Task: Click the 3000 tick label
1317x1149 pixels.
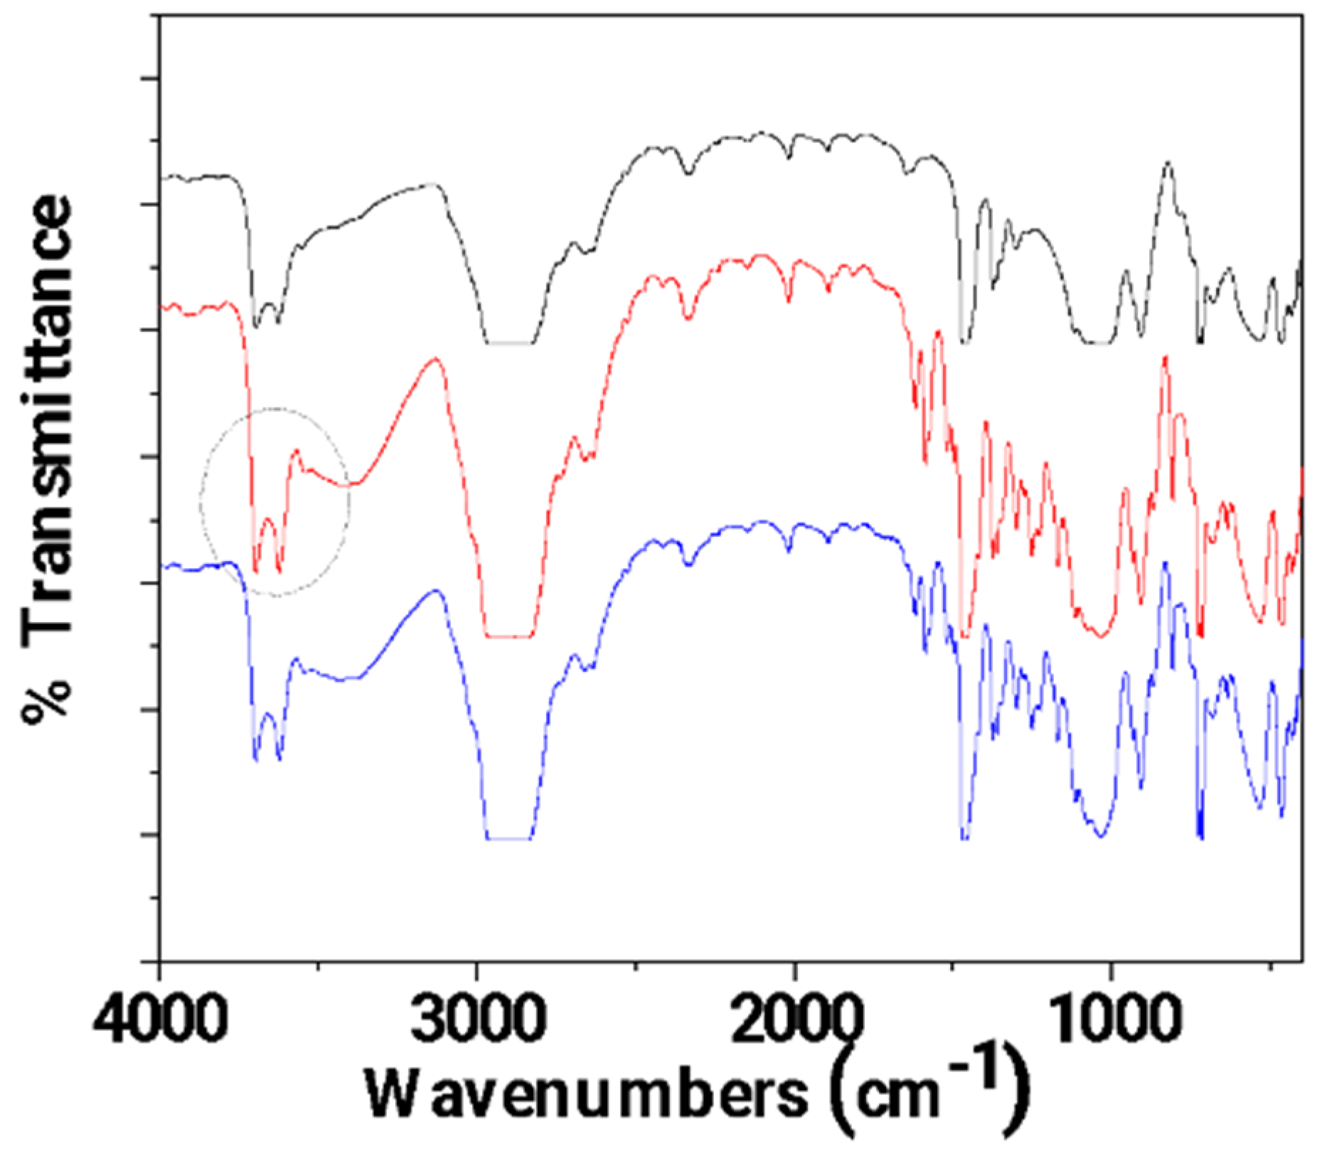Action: pos(477,1022)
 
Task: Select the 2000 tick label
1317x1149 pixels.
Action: pos(794,1022)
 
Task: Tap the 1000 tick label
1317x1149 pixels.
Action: pos(1111,1022)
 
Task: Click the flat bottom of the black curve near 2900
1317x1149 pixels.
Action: pos(509,343)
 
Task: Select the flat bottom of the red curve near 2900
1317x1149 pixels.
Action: pos(509,636)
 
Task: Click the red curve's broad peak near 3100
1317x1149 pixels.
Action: pos(435,360)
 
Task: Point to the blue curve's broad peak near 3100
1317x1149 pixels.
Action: pos(435,591)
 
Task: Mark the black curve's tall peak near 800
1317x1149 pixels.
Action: pos(1167,164)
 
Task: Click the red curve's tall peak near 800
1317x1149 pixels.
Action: pos(1165,358)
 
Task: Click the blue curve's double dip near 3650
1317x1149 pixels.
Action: pos(267,739)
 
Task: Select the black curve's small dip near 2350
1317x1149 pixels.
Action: pos(688,173)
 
